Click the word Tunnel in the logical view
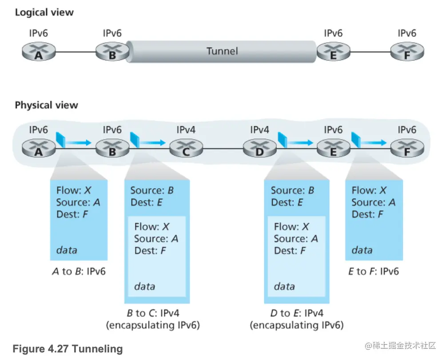click(222, 51)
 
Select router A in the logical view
click(38, 52)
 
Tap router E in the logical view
click(333, 52)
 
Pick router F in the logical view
click(406, 52)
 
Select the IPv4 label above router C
click(186, 130)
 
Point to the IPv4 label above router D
click(259, 130)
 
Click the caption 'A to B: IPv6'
click(78, 271)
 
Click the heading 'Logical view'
click(44, 12)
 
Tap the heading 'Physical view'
click(46, 105)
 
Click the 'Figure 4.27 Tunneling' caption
click(68, 349)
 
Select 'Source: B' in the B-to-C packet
click(152, 191)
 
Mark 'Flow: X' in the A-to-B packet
click(74, 191)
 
